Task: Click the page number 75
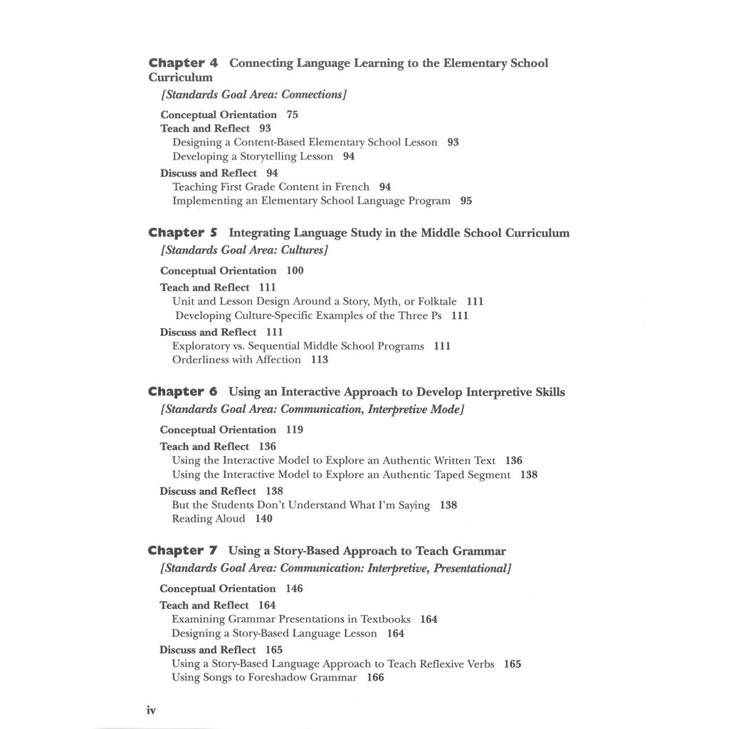[293, 115]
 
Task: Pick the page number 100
[295, 271]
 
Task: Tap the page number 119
[295, 430]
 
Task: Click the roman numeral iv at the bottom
[151, 710]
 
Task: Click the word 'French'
[352, 187]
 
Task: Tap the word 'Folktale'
[436, 302]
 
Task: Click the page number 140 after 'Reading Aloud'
[263, 519]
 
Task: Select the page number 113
[320, 360]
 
